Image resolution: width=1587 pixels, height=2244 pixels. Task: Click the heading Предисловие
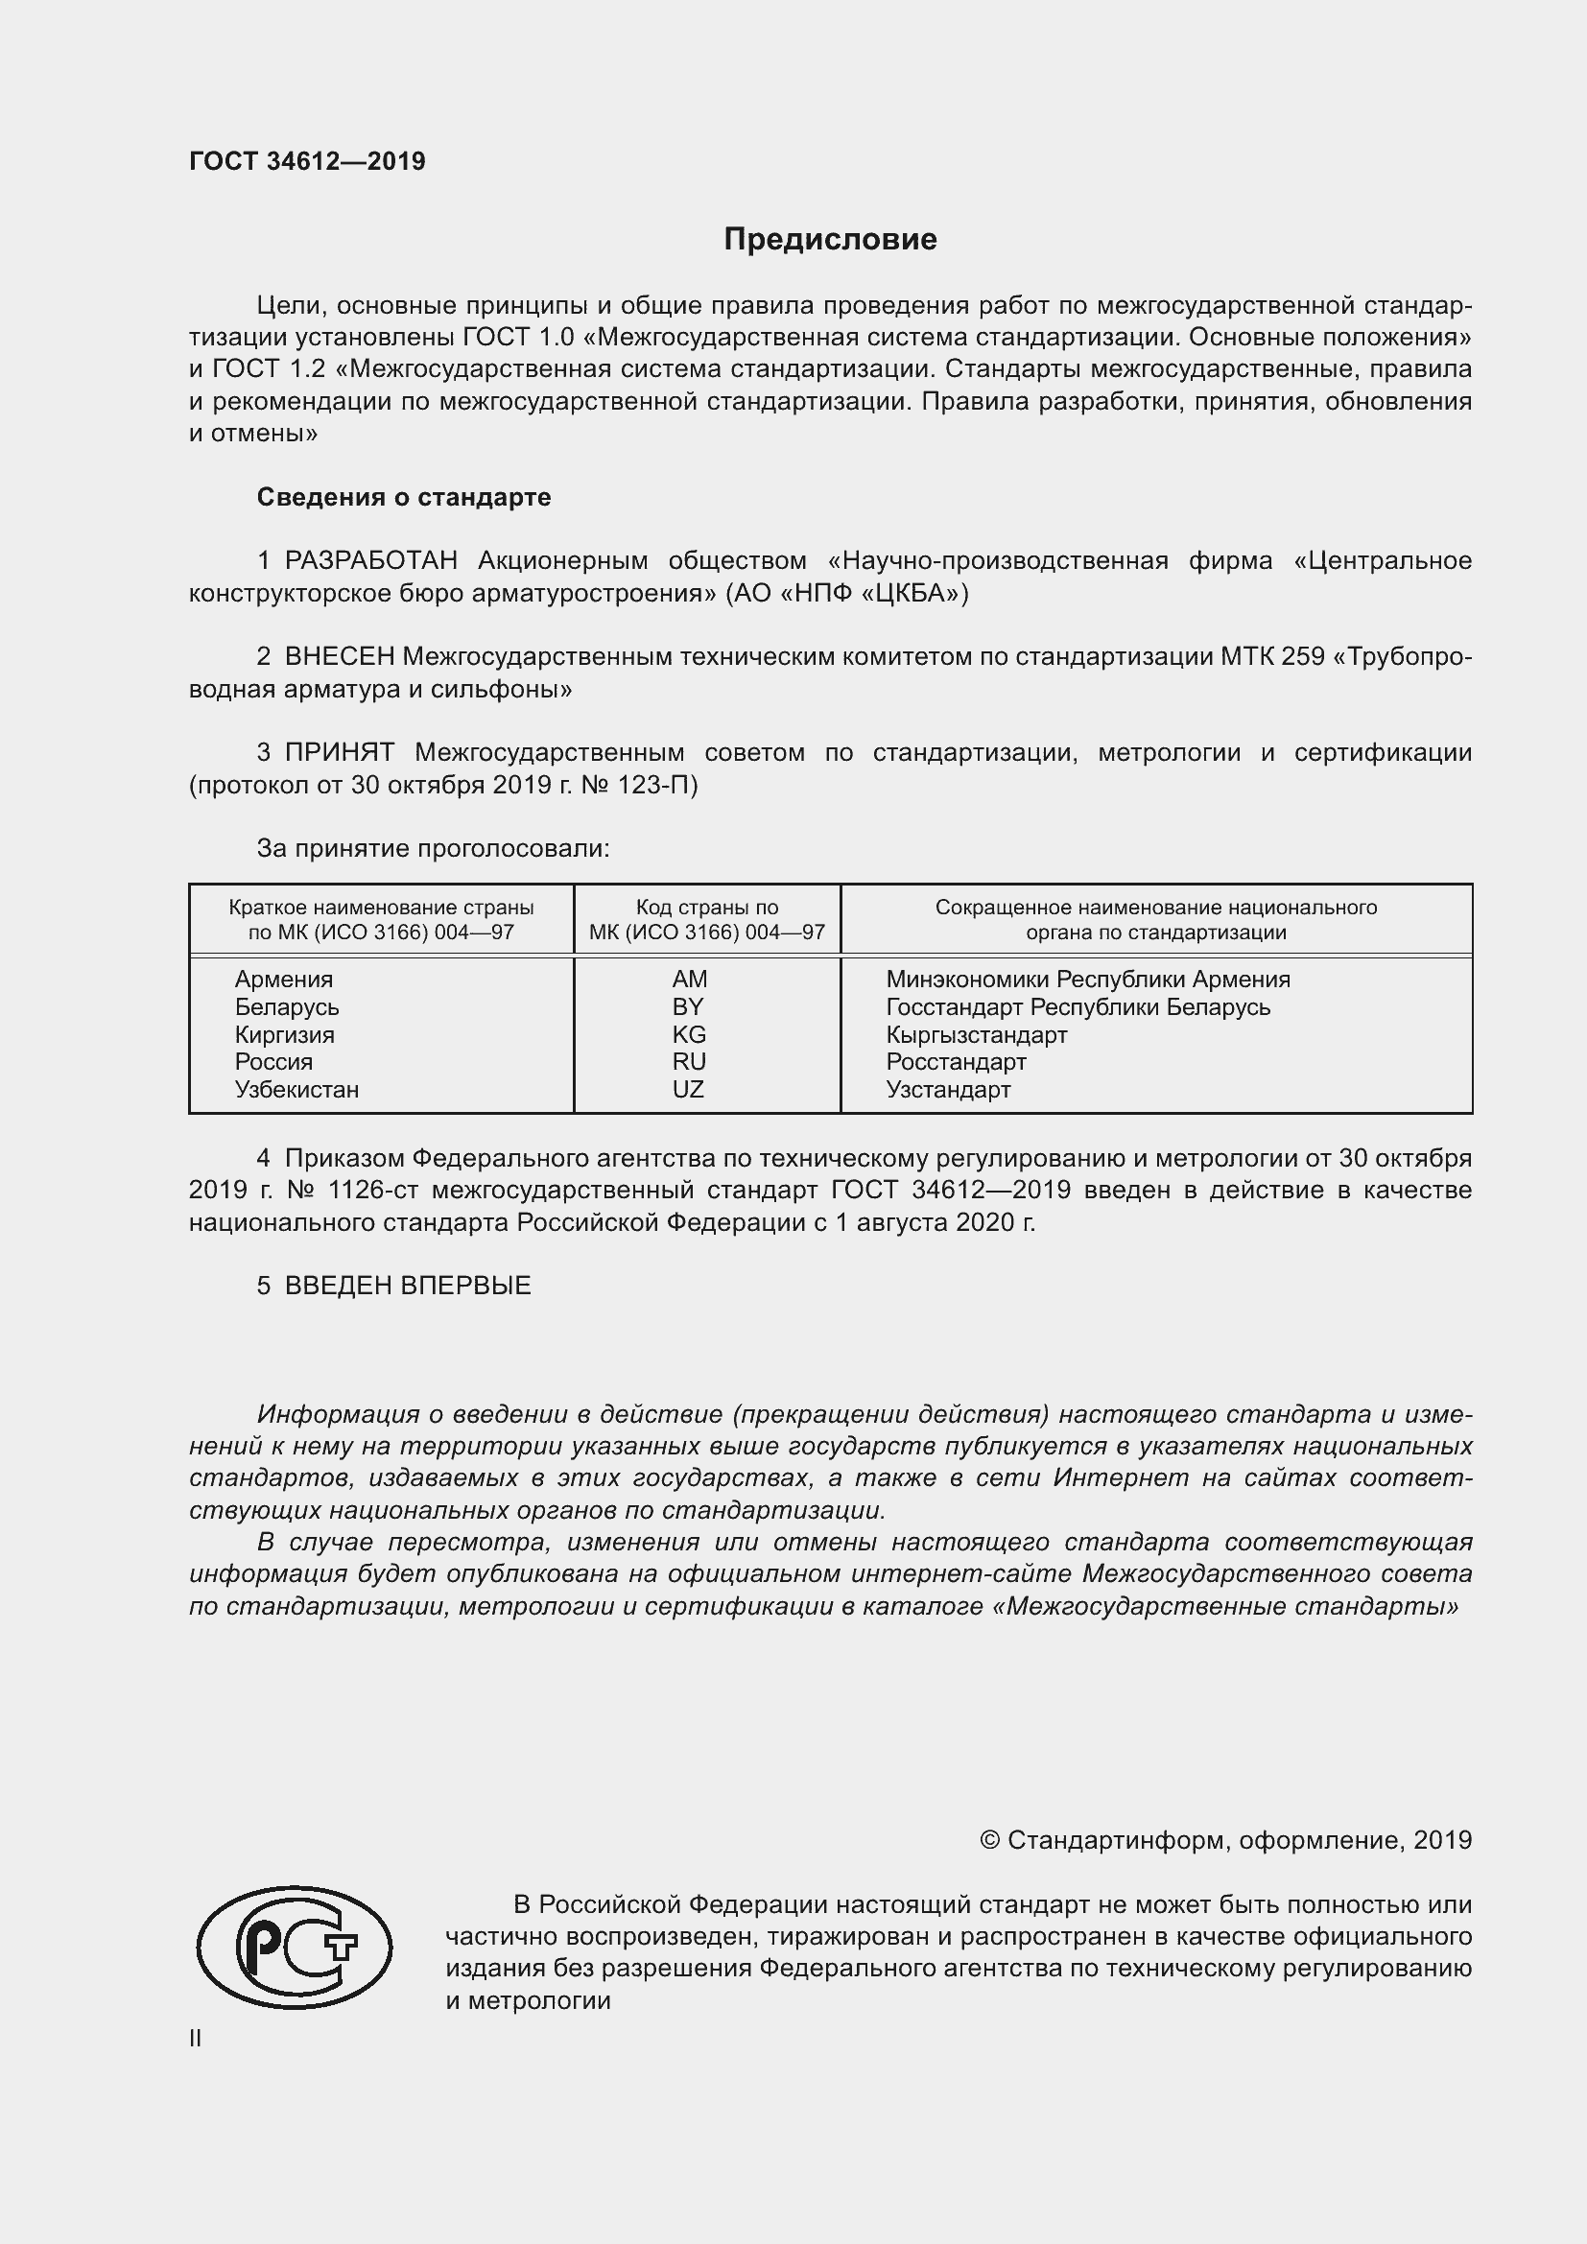coord(830,240)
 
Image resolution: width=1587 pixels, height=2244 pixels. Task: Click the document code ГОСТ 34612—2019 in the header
coord(307,161)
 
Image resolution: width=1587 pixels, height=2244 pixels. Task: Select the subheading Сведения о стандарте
coord(404,498)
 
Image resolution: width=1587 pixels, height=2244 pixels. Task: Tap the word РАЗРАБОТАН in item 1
coord(370,561)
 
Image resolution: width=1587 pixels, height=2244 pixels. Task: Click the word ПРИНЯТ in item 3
coord(339,752)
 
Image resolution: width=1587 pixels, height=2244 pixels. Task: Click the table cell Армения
coord(283,980)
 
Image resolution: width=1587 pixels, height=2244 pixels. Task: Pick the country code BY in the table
coord(688,1006)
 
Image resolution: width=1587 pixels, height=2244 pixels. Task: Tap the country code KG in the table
coord(689,1034)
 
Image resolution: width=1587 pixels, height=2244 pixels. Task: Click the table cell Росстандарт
coord(956,1061)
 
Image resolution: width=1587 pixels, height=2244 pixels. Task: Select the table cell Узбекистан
coord(296,1089)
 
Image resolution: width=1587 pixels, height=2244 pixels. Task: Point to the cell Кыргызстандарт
coord(976,1034)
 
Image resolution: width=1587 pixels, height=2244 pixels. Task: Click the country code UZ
coord(688,1089)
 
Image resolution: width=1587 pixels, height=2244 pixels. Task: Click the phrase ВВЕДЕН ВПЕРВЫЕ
coord(408,1287)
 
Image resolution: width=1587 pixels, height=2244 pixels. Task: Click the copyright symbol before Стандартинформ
coord(989,1840)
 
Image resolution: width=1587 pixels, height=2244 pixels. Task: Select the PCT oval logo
coord(295,1947)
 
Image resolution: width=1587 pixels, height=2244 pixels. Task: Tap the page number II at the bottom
coord(196,2039)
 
